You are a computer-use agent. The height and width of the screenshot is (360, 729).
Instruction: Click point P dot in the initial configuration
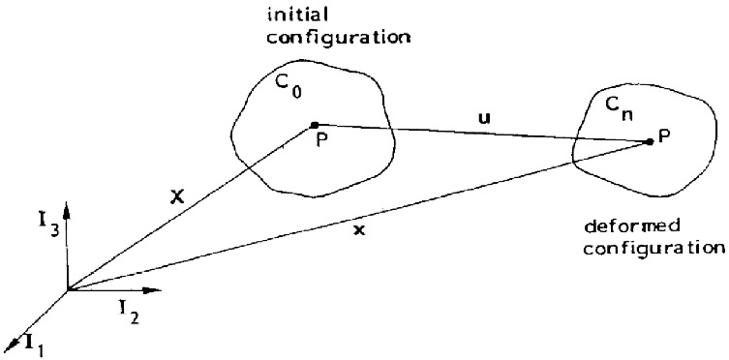tap(313, 124)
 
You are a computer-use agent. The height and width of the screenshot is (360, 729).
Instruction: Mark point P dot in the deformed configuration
tap(650, 142)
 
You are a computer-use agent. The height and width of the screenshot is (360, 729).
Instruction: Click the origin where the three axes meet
tap(67, 288)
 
